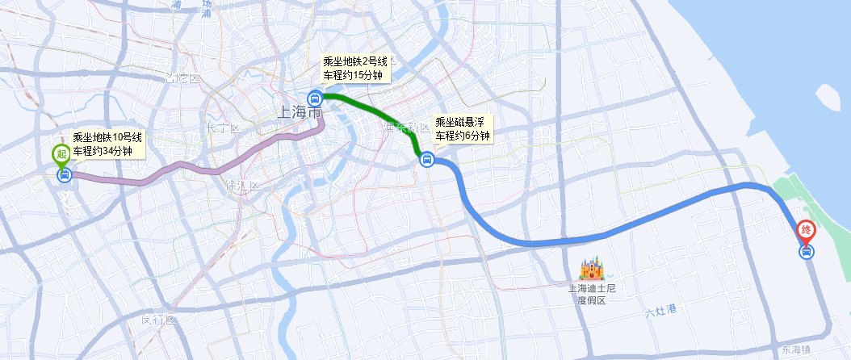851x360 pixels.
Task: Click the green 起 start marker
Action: coord(61,154)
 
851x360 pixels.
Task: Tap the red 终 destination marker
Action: coord(806,231)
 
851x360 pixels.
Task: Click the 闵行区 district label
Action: coord(157,320)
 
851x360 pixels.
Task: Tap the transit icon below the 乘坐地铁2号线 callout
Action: coord(315,98)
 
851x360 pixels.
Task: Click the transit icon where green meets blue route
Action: coord(427,161)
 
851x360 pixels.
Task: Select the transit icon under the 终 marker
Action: coord(806,252)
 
